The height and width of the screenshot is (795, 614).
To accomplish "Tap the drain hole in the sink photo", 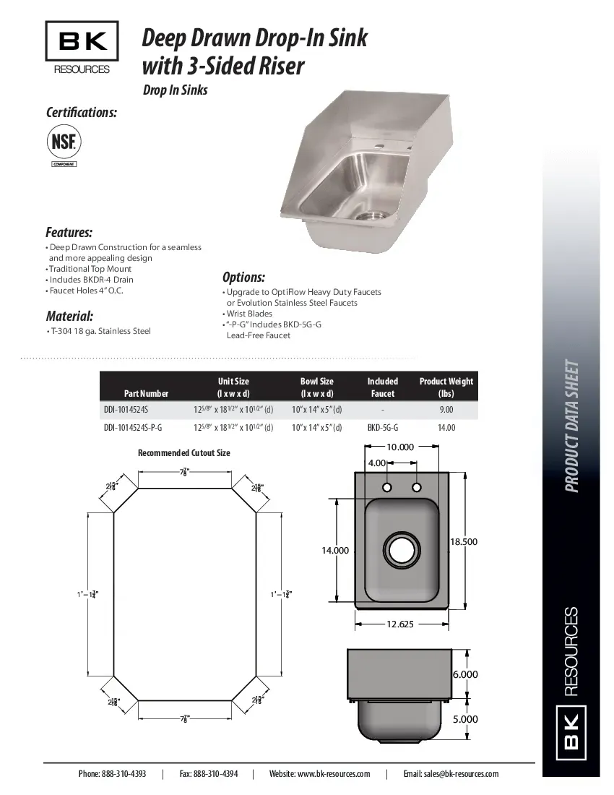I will click(x=371, y=215).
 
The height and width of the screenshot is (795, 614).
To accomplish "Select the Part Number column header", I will click(x=146, y=393).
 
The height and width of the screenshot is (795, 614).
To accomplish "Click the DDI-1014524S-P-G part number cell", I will click(x=133, y=427).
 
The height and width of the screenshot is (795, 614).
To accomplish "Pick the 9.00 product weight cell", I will click(x=446, y=409).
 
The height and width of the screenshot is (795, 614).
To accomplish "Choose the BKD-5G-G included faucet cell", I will click(x=382, y=427).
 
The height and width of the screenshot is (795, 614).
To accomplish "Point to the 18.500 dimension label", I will click(x=464, y=541).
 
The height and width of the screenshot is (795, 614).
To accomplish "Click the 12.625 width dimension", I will click(x=399, y=624).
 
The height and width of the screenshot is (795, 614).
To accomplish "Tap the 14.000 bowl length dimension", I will click(x=335, y=550).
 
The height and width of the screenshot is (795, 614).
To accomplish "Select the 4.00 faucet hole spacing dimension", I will click(x=376, y=463).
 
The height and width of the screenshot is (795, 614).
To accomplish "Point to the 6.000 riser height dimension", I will click(x=465, y=674).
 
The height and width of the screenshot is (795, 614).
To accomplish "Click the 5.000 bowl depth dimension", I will click(x=465, y=719).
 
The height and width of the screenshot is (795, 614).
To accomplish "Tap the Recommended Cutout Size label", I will click(x=183, y=453).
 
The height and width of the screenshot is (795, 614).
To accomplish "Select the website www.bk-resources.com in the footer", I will click(x=319, y=773).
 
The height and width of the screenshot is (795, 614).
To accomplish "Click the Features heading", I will click(x=69, y=232).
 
